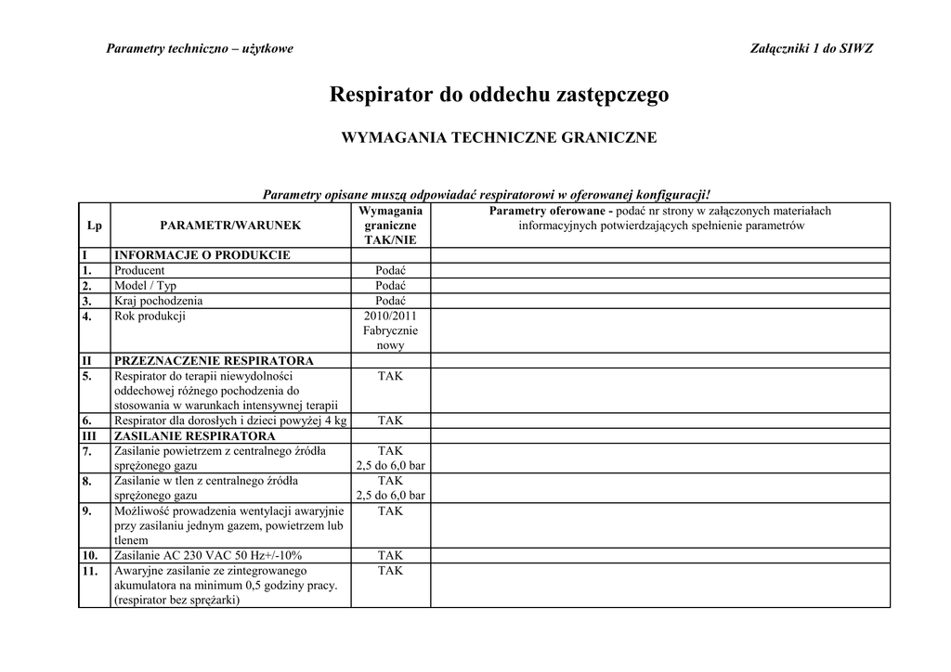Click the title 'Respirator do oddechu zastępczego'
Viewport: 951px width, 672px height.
(499, 95)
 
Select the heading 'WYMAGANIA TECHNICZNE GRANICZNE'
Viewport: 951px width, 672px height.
(499, 138)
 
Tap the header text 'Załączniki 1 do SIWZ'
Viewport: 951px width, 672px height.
(811, 48)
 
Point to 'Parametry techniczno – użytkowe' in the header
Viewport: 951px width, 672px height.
(200, 48)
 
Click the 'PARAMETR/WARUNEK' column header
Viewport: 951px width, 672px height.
(230, 226)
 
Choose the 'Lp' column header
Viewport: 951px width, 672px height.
(94, 226)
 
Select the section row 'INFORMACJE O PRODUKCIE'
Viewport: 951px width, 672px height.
(202, 255)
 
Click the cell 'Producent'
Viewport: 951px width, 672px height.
(139, 270)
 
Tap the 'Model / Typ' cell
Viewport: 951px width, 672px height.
(145, 286)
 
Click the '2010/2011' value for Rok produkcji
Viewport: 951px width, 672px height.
(390, 316)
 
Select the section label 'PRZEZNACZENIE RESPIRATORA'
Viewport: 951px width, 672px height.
(214, 360)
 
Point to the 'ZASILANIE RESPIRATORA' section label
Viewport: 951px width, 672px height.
(194, 435)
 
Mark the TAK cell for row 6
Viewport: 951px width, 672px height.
(390, 420)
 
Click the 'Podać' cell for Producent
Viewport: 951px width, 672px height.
(390, 270)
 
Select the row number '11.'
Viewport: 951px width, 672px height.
(89, 571)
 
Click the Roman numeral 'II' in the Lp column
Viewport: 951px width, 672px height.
(85, 360)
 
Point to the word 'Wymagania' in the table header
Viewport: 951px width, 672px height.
(390, 211)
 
